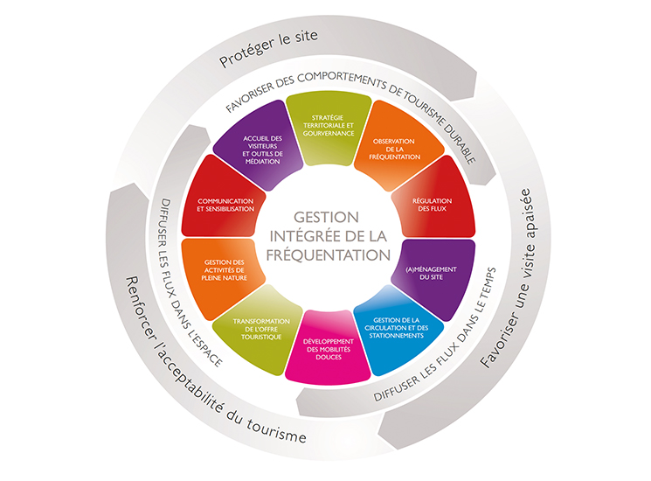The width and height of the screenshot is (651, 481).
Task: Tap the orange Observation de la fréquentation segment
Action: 396,148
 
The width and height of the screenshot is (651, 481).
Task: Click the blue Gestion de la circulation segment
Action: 397,325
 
